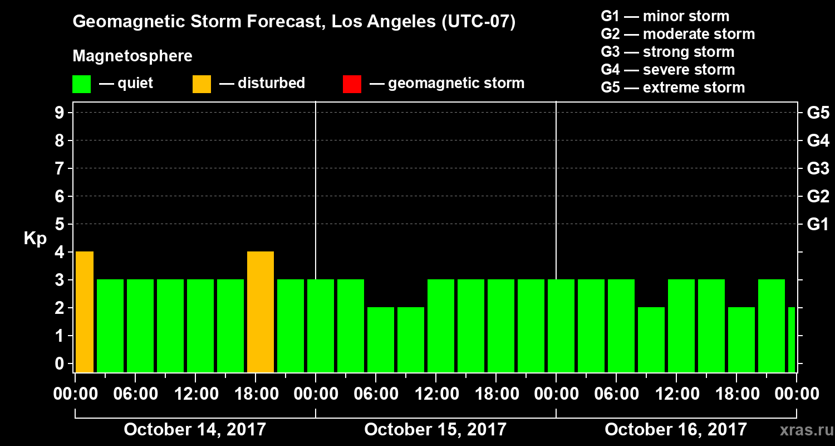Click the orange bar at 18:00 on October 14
261,312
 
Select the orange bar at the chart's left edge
85,312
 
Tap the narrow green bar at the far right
792,340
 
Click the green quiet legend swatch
81,84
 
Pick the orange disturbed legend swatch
202,84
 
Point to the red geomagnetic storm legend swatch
352,84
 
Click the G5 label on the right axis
818,113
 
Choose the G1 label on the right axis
818,224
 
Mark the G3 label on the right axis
818,168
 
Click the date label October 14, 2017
195,429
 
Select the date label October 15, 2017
435,429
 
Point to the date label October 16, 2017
676,429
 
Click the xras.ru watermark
802,430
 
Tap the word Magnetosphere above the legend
132,56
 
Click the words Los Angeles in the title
376,22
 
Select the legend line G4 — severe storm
668,70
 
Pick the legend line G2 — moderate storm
678,34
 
